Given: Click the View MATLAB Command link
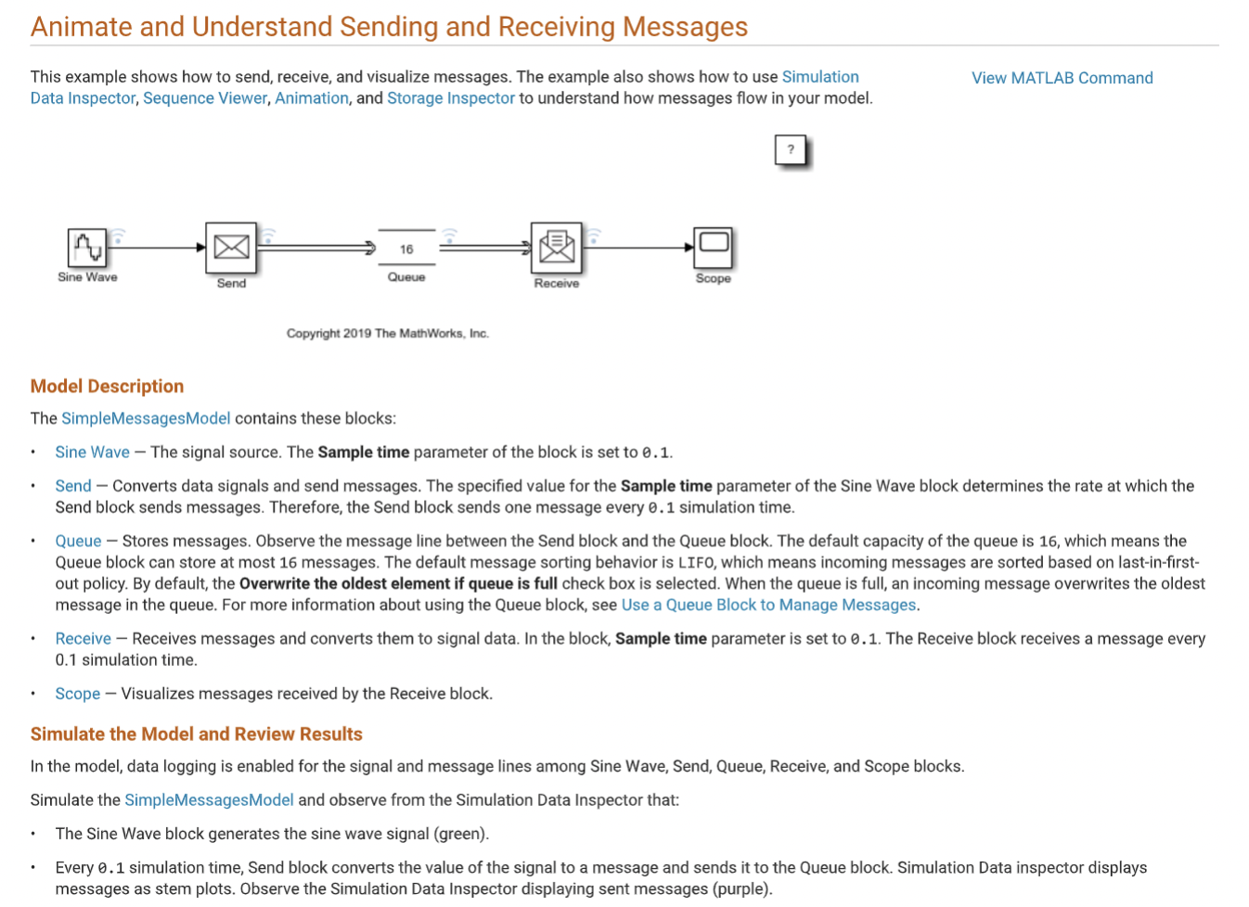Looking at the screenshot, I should pyautogui.click(x=1062, y=78).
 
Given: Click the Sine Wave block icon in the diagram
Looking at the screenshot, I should pyautogui.click(x=87, y=248).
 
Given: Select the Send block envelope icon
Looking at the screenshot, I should pyautogui.click(x=231, y=248).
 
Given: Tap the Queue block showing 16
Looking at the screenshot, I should pyautogui.click(x=406, y=249).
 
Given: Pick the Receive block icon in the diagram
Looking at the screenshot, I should pyautogui.click(x=557, y=248).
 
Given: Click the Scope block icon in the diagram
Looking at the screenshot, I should pyautogui.click(x=714, y=247).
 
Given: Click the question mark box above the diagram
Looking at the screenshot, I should pyautogui.click(x=791, y=149).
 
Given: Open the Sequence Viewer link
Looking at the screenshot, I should pyautogui.click(x=205, y=98).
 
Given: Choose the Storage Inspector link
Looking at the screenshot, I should pyautogui.click(x=451, y=98).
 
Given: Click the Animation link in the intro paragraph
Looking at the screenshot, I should pyautogui.click(x=312, y=98).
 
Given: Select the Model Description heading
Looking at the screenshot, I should pyautogui.click(x=107, y=386).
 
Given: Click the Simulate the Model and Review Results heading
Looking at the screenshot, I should pyautogui.click(x=196, y=734).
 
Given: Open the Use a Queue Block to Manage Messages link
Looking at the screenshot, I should pyautogui.click(x=768, y=605).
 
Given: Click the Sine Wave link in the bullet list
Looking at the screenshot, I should pyautogui.click(x=92, y=452).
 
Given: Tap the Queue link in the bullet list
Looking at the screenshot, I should pyautogui.click(x=78, y=541).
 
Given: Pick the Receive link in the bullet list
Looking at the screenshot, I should pyautogui.click(x=83, y=638).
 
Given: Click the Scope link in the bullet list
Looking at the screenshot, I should pyautogui.click(x=77, y=694).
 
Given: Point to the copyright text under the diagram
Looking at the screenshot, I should pyautogui.click(x=387, y=333).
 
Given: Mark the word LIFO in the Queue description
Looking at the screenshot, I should pyautogui.click(x=696, y=562).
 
